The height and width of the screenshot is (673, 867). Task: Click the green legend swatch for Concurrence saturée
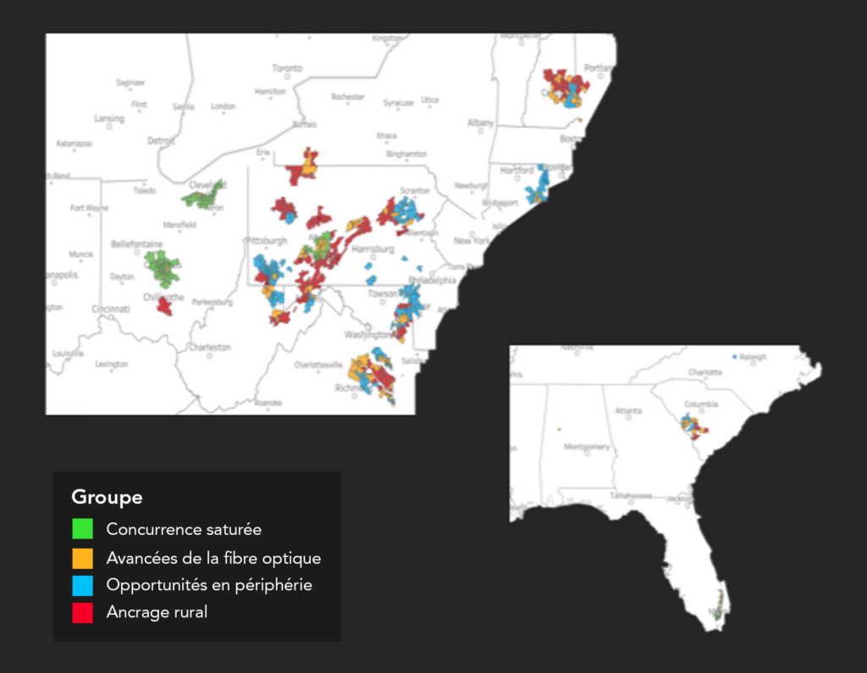(x=82, y=529)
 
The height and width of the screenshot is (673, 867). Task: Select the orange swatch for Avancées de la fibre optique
(x=82, y=558)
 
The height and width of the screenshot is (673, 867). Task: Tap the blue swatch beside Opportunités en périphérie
(x=82, y=585)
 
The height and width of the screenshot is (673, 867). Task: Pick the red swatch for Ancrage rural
(x=82, y=612)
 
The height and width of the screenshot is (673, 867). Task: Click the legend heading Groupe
(x=107, y=497)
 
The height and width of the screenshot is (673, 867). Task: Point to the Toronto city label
(x=286, y=69)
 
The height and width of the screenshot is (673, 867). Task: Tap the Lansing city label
(x=109, y=119)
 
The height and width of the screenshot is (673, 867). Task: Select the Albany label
(x=480, y=123)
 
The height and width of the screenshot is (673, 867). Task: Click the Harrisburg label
(x=373, y=250)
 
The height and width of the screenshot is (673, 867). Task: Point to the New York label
(x=472, y=240)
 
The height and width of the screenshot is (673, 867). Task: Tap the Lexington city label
(x=112, y=364)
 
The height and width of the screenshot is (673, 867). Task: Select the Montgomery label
(x=586, y=446)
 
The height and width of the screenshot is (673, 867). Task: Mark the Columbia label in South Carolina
(x=701, y=405)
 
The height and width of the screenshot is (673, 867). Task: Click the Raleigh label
(x=752, y=357)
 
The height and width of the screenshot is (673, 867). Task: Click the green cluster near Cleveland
(x=203, y=197)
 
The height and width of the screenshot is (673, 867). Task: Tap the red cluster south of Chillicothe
(x=164, y=306)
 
